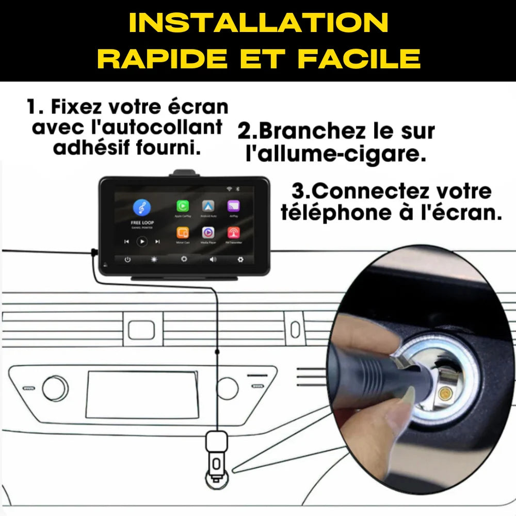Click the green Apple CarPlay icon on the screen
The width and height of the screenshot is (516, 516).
pyautogui.click(x=183, y=206)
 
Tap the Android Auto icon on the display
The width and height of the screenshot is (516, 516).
pyautogui.click(x=208, y=206)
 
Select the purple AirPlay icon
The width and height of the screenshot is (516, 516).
pyautogui.click(x=233, y=206)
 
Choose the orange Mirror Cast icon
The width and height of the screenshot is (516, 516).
pyautogui.click(x=183, y=233)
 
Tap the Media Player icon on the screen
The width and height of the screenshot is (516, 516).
pyautogui.click(x=208, y=233)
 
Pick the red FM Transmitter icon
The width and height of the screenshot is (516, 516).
pyautogui.click(x=233, y=233)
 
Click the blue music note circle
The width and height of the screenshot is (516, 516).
pyautogui.click(x=141, y=207)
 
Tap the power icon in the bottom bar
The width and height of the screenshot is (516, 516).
pyautogui.click(x=127, y=260)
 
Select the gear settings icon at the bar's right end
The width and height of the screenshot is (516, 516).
pyautogui.click(x=240, y=260)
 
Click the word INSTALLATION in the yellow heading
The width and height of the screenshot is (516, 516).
pyautogui.click(x=258, y=23)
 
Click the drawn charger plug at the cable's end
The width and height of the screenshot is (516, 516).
pyautogui.click(x=216, y=454)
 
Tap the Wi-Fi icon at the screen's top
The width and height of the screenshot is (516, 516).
pyautogui.click(x=229, y=189)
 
